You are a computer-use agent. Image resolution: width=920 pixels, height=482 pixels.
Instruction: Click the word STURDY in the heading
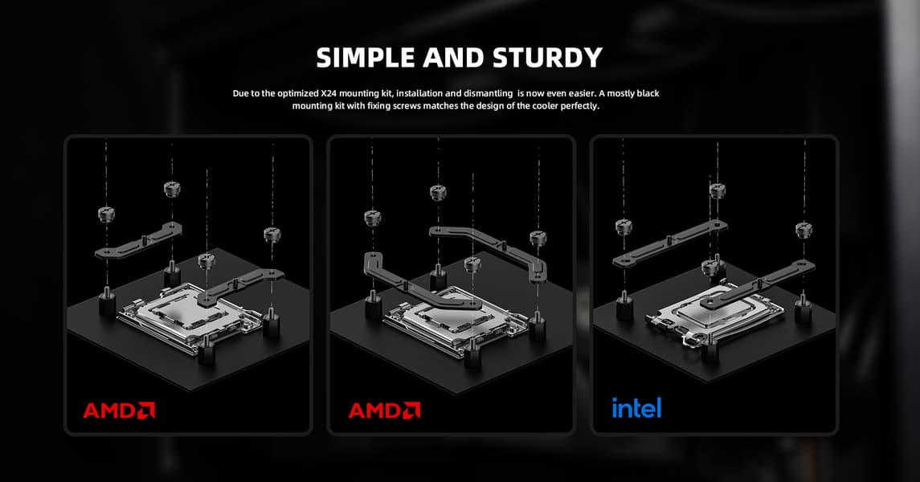[x=547, y=58]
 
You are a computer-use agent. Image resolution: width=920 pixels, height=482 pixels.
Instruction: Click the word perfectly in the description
[x=579, y=106]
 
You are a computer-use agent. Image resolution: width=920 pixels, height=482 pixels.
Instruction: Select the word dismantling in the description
[x=489, y=93]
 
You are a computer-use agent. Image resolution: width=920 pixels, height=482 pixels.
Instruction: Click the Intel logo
[x=636, y=407]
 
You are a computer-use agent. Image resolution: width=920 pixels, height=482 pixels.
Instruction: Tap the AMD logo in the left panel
[x=119, y=410]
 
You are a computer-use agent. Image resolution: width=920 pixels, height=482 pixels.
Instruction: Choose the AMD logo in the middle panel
[x=384, y=410]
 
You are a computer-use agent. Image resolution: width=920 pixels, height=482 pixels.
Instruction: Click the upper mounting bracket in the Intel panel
[x=670, y=244]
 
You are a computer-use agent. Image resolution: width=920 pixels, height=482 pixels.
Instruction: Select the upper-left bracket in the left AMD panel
[x=138, y=242]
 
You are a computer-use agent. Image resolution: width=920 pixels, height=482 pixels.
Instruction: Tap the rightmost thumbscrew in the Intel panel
[x=803, y=229]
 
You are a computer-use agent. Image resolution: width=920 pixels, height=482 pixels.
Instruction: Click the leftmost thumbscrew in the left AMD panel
[x=106, y=214]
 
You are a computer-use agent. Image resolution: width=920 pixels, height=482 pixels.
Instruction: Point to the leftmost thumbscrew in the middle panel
[x=373, y=219]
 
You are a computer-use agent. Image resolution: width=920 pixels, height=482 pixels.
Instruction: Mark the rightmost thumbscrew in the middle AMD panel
[x=538, y=238]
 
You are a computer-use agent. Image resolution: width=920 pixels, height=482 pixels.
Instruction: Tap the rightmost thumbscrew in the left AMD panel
[x=272, y=235]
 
